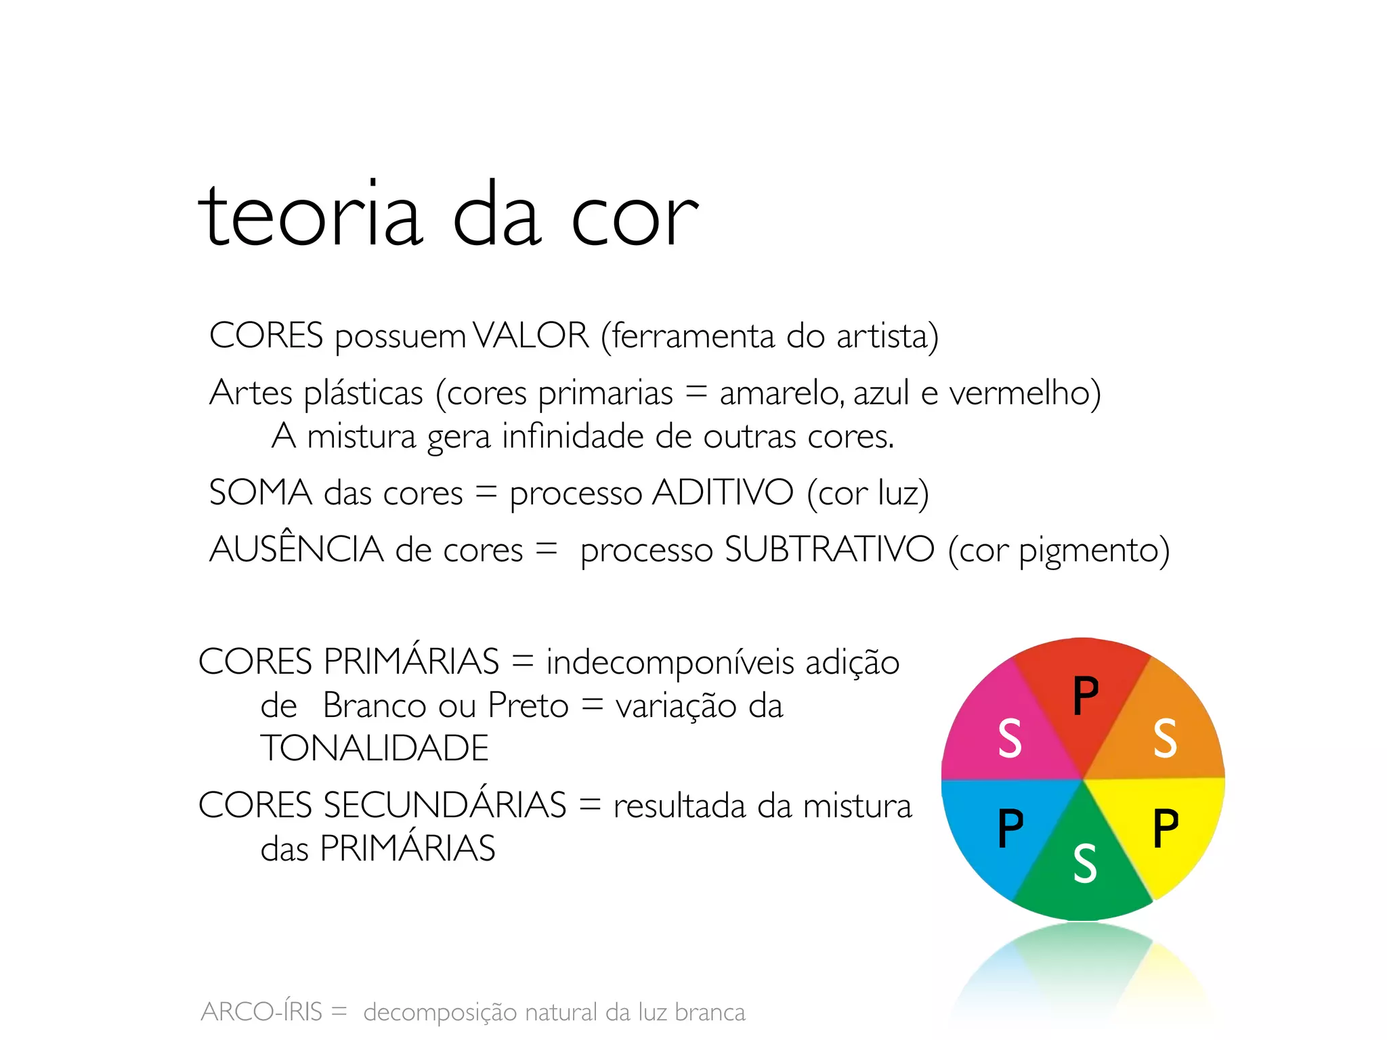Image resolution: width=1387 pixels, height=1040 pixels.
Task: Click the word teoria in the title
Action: point(310,215)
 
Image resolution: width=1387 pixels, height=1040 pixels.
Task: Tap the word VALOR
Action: point(531,335)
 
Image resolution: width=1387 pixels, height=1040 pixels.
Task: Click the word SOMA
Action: point(260,492)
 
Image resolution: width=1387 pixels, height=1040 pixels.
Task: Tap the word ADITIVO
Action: point(723,492)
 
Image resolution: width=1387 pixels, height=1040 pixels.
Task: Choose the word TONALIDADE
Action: point(375,748)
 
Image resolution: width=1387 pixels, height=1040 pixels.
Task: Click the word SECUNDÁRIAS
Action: point(445,805)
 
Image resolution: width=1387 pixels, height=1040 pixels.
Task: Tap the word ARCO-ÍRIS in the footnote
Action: point(261,1012)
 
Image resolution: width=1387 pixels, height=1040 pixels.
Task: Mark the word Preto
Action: point(528,706)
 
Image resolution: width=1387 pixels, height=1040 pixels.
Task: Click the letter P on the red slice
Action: point(1086,695)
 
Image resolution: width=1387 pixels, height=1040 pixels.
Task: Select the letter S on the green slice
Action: point(1085,864)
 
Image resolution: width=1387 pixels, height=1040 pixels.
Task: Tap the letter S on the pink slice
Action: point(1010,738)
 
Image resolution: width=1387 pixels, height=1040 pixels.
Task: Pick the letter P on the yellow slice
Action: point(1166,827)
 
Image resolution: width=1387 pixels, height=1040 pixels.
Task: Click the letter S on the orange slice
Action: point(1165,738)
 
